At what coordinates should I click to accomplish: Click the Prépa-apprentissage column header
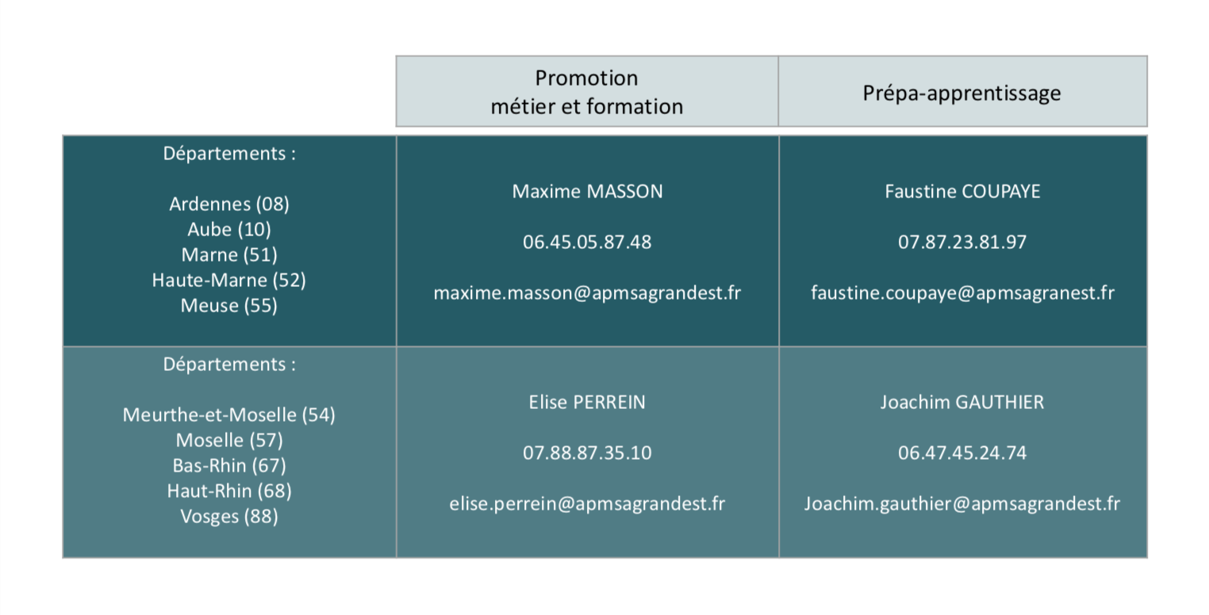[961, 94]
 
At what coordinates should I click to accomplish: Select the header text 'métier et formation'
[587, 107]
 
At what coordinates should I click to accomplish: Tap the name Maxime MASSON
[587, 191]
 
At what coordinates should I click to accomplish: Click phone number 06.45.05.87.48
[587, 242]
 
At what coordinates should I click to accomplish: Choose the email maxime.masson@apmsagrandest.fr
[587, 292]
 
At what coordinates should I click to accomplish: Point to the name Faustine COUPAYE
[962, 191]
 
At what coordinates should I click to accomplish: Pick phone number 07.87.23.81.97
[962, 242]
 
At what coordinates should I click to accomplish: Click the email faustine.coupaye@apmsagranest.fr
[962, 293]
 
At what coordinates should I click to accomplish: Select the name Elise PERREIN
[587, 402]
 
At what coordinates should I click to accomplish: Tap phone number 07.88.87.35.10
[587, 453]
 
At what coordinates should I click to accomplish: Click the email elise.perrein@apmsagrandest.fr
[587, 504]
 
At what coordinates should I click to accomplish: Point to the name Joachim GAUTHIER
[962, 402]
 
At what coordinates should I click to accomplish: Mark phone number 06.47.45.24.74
[962, 453]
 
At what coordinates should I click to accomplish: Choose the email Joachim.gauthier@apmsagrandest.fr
[962, 504]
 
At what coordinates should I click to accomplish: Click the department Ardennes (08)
[229, 204]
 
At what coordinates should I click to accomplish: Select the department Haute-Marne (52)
[228, 281]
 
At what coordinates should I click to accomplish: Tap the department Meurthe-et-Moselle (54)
[228, 415]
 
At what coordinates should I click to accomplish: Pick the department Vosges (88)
[229, 517]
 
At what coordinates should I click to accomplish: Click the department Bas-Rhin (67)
[229, 466]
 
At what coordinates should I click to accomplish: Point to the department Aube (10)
[229, 230]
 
